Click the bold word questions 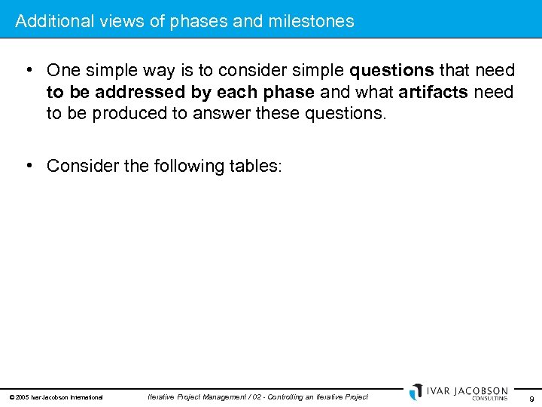391,71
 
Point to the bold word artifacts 434,92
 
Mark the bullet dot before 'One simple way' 29,70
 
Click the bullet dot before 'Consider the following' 29,165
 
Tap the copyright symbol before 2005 12,397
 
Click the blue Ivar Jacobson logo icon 416,392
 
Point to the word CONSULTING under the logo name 489,398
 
